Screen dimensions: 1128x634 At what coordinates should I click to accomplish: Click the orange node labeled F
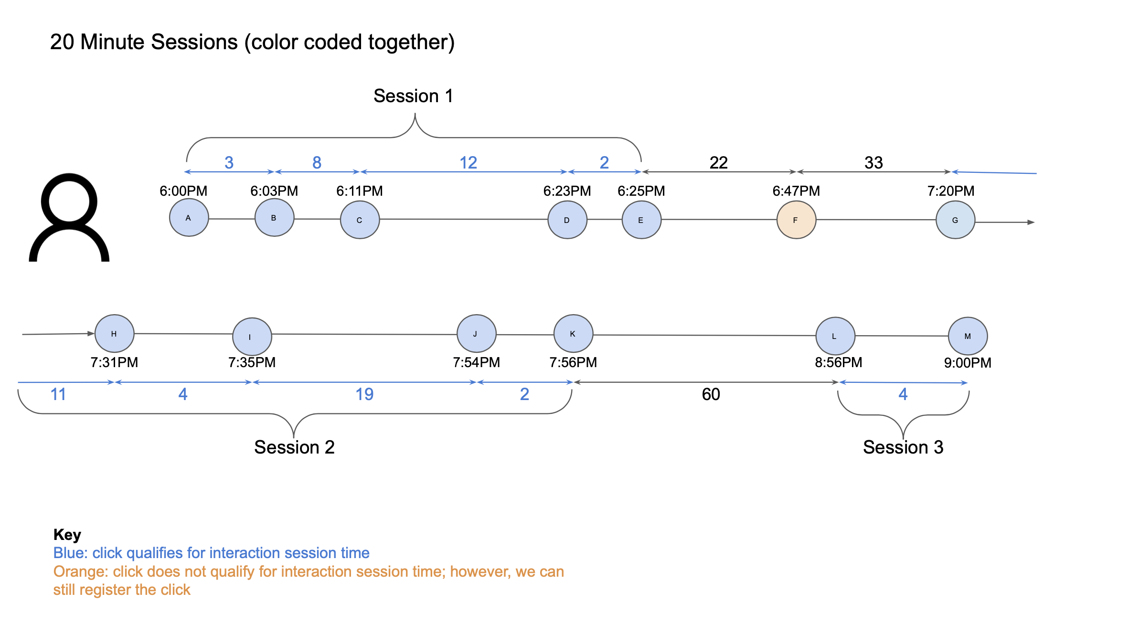point(796,220)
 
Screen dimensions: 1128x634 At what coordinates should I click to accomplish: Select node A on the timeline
point(189,218)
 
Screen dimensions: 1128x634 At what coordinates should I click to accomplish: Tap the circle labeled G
point(955,220)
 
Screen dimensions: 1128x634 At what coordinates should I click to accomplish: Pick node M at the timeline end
point(968,336)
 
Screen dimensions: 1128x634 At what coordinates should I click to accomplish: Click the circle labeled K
point(573,334)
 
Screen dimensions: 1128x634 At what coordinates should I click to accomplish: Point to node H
point(115,334)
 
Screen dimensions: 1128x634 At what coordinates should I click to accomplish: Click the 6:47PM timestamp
point(796,191)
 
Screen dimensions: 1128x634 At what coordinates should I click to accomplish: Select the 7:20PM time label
point(951,191)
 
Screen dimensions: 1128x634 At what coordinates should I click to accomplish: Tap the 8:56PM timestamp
point(839,362)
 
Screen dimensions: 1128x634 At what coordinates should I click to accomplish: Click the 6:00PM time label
point(183,191)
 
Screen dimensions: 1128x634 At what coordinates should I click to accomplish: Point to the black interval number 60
point(711,394)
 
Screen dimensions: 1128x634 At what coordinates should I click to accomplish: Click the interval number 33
point(873,163)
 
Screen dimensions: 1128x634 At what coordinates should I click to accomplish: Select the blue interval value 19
point(364,394)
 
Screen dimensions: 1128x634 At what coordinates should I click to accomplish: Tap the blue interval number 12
point(468,163)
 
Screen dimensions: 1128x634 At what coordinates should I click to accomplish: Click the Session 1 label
point(413,96)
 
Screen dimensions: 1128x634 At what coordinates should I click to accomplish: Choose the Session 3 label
point(903,447)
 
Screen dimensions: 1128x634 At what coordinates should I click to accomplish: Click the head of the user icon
point(69,201)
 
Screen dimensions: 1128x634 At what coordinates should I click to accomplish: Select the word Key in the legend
point(67,535)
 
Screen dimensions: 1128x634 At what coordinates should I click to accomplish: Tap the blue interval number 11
point(58,394)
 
